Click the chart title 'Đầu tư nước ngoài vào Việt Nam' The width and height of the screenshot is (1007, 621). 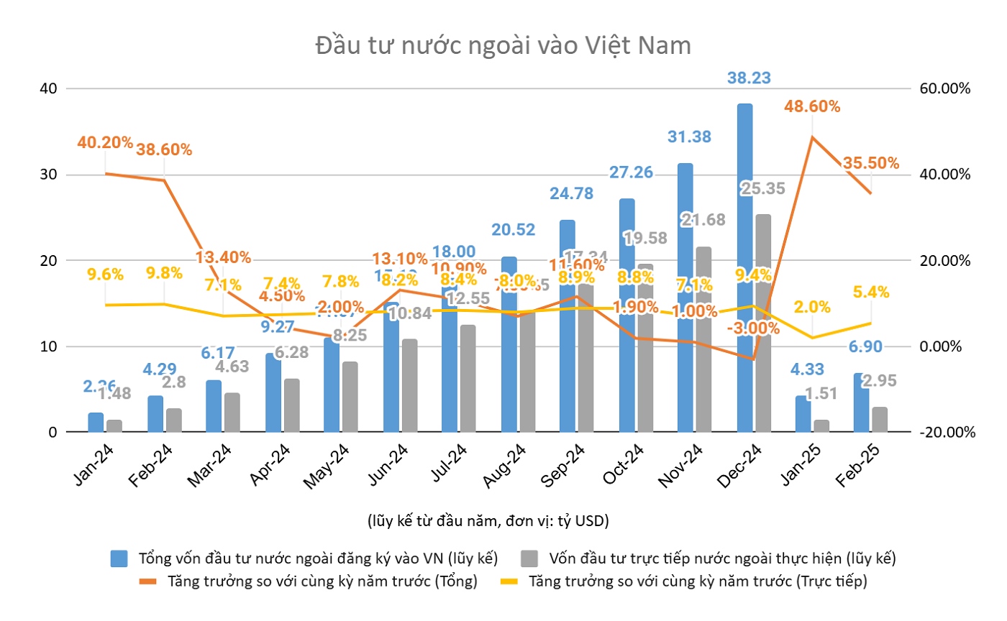pos(503,46)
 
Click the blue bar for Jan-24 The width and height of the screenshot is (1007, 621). pos(96,423)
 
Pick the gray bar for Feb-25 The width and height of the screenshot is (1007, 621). pos(880,420)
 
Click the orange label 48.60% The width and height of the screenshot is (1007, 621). pos(812,106)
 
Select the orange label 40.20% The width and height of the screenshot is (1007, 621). pos(106,142)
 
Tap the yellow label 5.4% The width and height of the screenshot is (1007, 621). pos(870,292)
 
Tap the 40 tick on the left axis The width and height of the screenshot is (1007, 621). pos(48,88)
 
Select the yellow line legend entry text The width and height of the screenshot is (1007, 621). pos(698,581)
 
